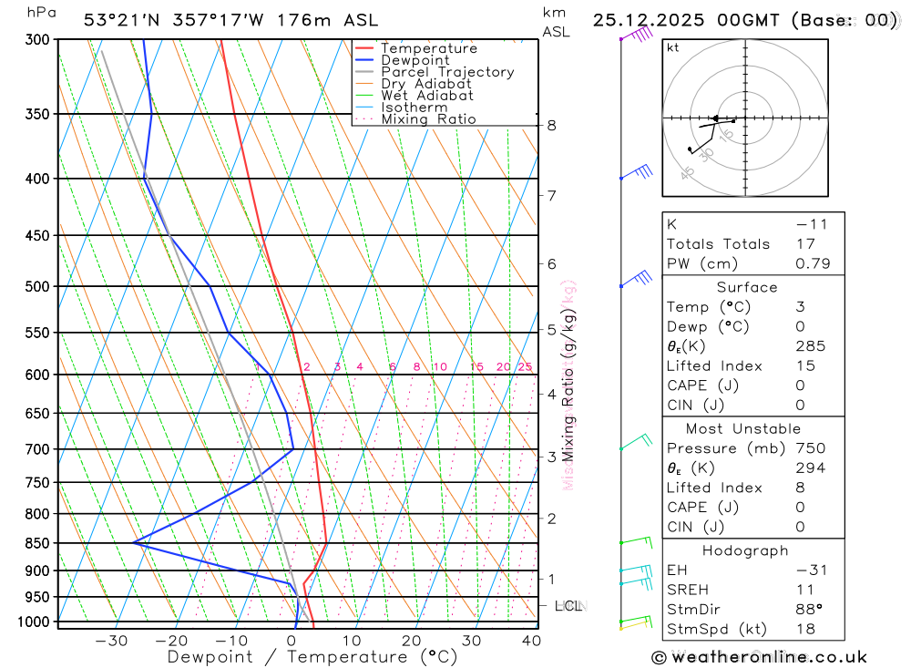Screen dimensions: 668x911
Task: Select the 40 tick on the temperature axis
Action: tap(531, 641)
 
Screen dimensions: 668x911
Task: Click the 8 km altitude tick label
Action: tap(551, 125)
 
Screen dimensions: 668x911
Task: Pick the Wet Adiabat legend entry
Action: tap(427, 96)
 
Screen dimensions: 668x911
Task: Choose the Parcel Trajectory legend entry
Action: tap(447, 72)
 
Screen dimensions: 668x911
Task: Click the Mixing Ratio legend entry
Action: tap(428, 119)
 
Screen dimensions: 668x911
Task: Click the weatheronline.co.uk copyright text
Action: tap(759, 657)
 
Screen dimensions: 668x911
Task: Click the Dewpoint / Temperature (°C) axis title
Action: tap(312, 657)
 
